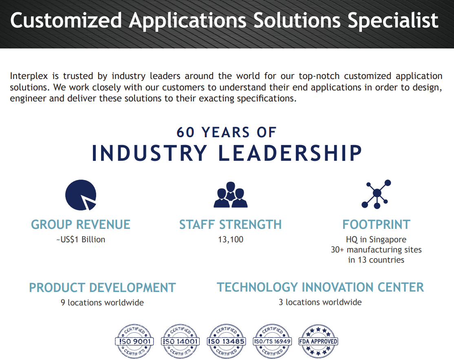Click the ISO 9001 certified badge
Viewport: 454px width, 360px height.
coord(134,341)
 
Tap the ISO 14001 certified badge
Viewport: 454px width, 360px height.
coord(180,341)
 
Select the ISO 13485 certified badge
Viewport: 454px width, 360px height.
coord(226,341)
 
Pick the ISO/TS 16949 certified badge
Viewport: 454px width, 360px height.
coord(272,341)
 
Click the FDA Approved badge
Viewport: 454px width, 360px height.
coord(318,341)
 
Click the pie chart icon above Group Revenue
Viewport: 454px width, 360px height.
coord(81,195)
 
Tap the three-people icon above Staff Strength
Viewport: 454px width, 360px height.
coord(231,195)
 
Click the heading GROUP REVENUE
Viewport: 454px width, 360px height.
coord(81,224)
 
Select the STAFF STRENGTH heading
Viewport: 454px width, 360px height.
coord(231,224)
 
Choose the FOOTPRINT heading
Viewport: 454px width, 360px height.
coord(377,224)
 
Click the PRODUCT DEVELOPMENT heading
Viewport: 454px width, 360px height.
coord(103,288)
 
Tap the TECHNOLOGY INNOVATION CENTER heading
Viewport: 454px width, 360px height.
coord(320,288)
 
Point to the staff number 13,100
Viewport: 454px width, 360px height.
coord(231,239)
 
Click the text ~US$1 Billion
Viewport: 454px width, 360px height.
coord(81,239)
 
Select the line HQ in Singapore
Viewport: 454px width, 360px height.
coord(376,239)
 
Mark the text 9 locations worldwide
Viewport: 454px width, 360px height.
coord(102,303)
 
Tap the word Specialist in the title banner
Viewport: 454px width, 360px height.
coord(393,20)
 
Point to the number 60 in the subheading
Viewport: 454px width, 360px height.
coord(185,132)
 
